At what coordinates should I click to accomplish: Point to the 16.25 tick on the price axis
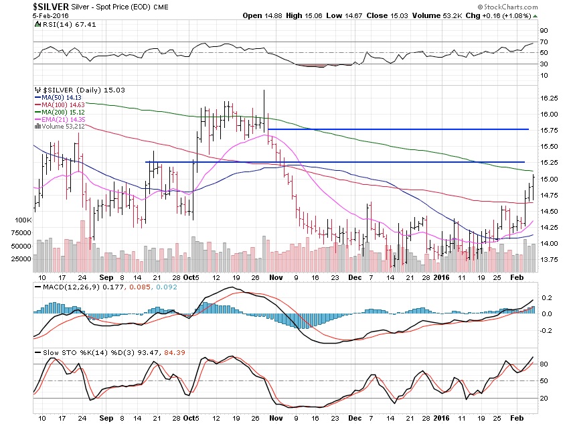click(x=549, y=98)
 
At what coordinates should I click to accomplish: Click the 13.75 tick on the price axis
click(x=549, y=260)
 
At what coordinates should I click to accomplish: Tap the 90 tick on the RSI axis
click(x=545, y=30)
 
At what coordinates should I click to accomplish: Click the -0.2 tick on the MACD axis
click(x=546, y=330)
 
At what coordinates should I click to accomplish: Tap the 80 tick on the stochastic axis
click(x=545, y=364)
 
